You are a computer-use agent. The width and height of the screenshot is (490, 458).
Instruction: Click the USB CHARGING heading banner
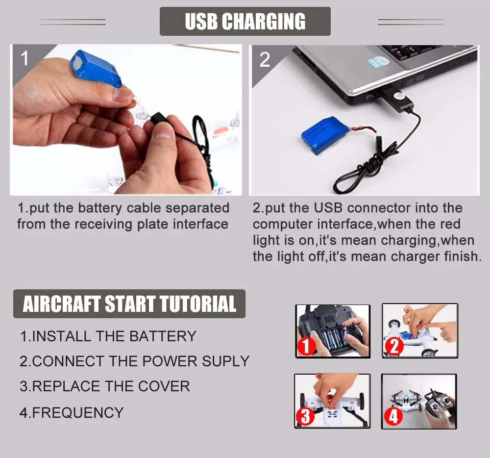point(245,21)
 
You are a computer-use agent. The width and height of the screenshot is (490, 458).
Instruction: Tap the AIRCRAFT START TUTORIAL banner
point(129,304)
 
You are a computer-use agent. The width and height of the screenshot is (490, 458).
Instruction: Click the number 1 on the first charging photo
point(24,58)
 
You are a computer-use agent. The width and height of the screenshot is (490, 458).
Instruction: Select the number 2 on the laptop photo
point(265,59)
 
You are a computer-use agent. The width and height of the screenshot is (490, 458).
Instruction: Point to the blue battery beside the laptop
point(325,135)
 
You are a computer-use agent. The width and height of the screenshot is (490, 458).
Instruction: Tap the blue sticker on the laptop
point(378,62)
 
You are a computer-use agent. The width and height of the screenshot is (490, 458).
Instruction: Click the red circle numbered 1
point(306,346)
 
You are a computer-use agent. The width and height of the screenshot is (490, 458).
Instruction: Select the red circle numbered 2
point(394,346)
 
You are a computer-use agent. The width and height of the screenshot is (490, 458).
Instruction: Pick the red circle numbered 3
point(305,416)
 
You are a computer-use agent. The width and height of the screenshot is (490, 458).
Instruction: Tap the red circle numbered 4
point(393,416)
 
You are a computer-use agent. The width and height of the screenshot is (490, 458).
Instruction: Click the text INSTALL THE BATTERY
point(114,336)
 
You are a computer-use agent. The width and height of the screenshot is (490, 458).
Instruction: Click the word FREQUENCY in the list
point(78,413)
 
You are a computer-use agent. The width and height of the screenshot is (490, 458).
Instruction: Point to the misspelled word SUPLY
point(225,361)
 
